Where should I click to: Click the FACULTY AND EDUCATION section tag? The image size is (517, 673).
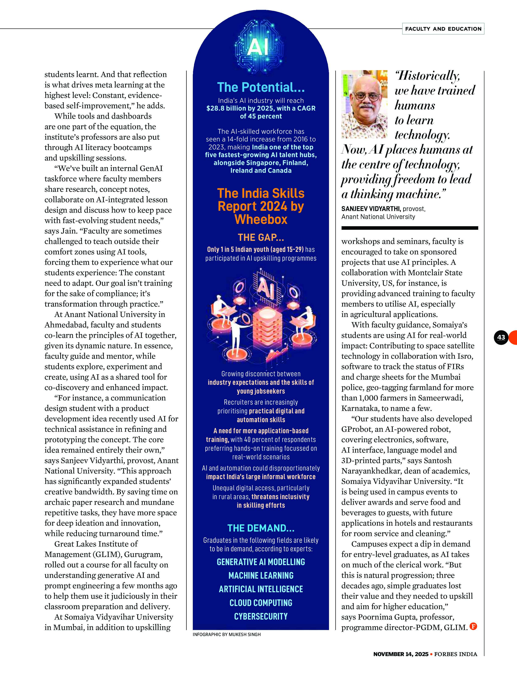point(443,29)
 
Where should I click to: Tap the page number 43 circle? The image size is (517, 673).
point(501,337)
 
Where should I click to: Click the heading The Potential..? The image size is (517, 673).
point(261,87)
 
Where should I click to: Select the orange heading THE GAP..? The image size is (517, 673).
point(261,237)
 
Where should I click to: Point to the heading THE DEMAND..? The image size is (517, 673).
point(261,528)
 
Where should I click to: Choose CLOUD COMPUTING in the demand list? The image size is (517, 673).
point(261,603)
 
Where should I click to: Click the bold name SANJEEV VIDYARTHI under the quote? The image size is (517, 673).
point(371,209)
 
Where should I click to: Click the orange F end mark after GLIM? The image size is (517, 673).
point(473,626)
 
